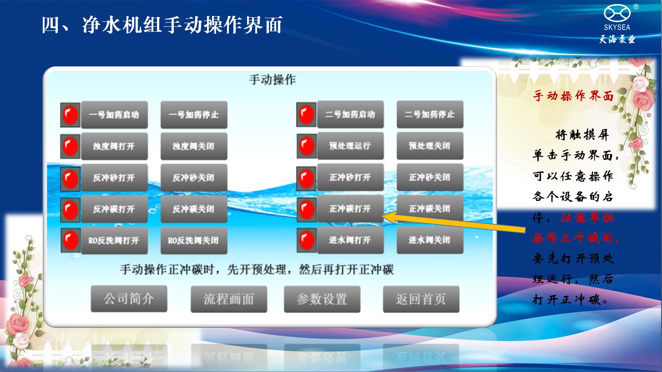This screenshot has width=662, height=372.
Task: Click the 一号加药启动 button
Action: click(114, 115)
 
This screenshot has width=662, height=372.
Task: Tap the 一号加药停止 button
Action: click(194, 115)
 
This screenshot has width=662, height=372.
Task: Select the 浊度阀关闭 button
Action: click(194, 146)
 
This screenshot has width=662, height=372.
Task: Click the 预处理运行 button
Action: click(350, 146)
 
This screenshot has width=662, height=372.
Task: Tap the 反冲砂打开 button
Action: click(114, 178)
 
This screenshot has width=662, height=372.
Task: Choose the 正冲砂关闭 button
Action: click(430, 177)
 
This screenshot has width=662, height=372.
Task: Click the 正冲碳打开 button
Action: click(350, 208)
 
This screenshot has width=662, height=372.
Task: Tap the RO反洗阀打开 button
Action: click(114, 240)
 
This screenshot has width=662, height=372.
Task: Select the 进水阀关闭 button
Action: click(430, 240)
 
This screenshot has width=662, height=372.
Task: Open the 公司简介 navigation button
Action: click(129, 299)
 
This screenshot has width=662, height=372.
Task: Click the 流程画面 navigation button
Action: click(229, 299)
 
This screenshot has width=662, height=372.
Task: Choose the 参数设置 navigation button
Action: click(322, 299)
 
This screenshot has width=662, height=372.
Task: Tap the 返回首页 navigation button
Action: click(421, 299)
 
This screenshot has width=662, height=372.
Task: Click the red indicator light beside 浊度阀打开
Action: click(71, 146)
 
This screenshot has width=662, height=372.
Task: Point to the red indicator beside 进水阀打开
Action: click(307, 240)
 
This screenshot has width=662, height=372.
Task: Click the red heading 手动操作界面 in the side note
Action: click(573, 96)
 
